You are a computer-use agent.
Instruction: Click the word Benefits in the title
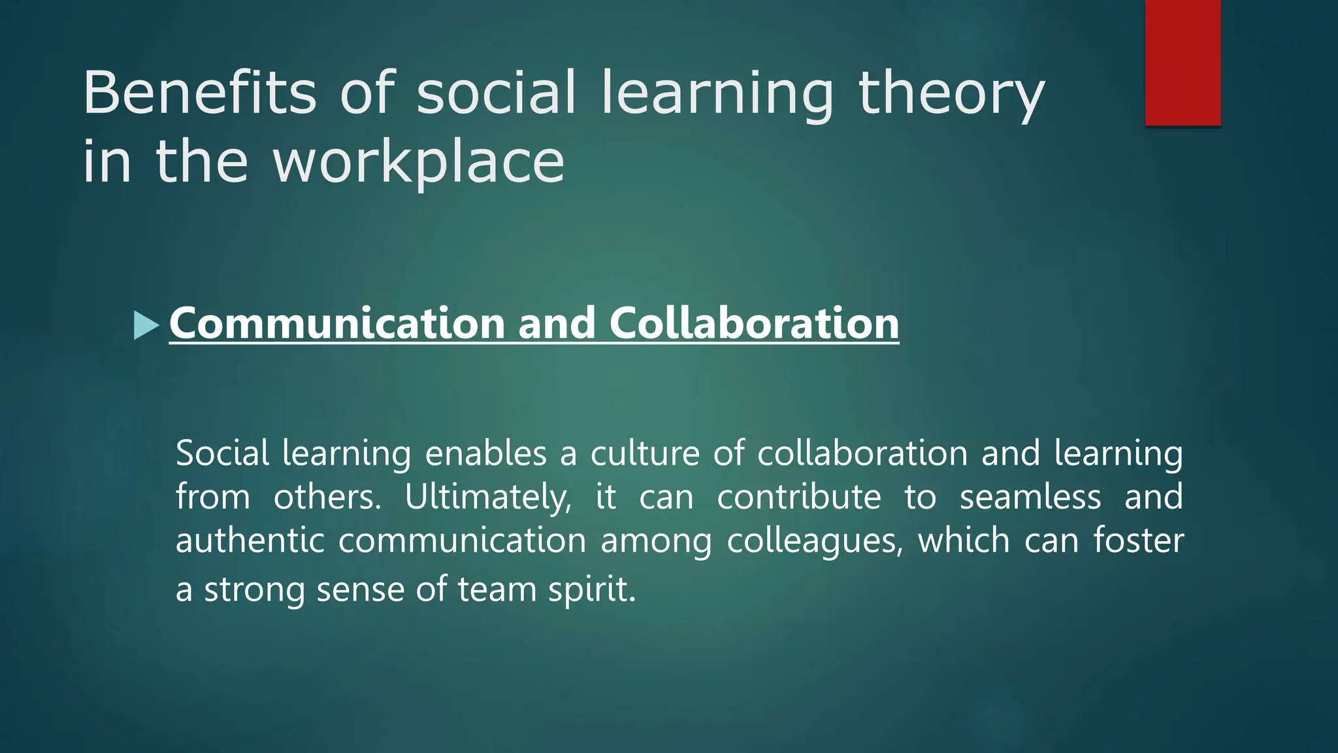199,93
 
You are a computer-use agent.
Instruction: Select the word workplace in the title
418,161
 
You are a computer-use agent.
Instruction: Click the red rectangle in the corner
1183,63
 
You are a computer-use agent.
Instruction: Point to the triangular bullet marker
146,325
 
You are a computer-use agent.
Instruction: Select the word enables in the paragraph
485,453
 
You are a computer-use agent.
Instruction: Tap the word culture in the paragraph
645,453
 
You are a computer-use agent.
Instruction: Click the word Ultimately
487,497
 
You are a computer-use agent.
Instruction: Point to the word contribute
798,497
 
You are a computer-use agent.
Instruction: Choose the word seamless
1030,497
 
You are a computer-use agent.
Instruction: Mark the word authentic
250,541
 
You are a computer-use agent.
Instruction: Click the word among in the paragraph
656,542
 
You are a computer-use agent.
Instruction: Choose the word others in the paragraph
327,497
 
